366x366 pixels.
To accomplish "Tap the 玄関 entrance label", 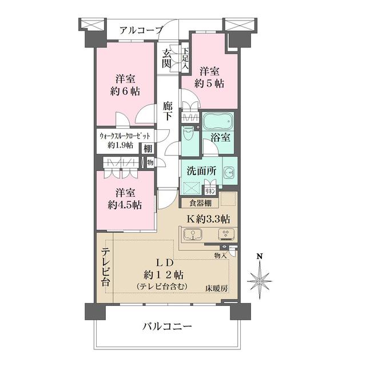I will [x=167, y=58].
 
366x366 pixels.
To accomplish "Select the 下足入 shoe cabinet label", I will [x=185, y=58].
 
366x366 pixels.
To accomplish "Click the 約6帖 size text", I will [x=125, y=91].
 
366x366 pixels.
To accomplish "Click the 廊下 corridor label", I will [x=167, y=111].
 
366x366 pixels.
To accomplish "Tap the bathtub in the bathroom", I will [x=218, y=122].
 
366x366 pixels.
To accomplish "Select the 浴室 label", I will [x=220, y=138].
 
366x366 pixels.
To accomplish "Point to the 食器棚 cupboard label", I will [x=197, y=202].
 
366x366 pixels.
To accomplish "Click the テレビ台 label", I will [x=106, y=268].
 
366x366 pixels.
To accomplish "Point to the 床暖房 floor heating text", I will [x=217, y=288].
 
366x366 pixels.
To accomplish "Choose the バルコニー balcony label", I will [x=166, y=327].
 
